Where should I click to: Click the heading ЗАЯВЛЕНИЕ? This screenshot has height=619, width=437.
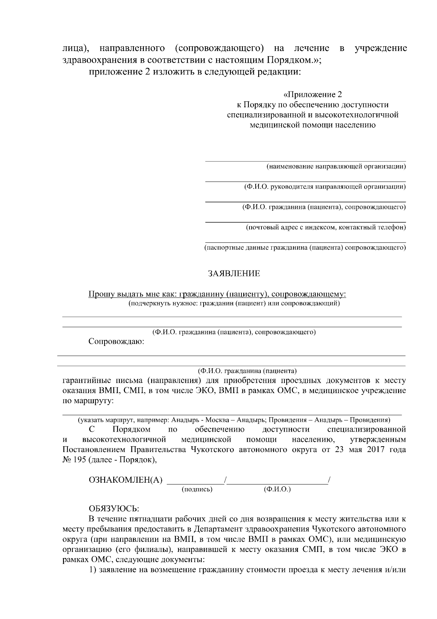click(x=234, y=274)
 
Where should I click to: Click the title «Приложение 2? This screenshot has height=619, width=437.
click(x=313, y=95)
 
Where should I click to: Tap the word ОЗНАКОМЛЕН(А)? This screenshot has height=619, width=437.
click(x=126, y=480)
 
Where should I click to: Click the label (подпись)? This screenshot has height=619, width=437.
click(x=197, y=490)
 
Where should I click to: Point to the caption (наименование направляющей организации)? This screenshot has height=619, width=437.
click(x=336, y=167)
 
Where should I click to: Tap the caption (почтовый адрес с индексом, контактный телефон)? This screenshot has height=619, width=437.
click(x=326, y=228)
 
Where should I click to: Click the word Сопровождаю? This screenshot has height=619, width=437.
click(x=116, y=342)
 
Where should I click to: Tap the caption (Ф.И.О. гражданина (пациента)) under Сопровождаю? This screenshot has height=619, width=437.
click(x=247, y=371)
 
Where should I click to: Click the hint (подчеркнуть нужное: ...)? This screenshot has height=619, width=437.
click(x=234, y=303)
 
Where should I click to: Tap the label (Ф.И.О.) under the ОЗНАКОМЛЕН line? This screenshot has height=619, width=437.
click(x=277, y=490)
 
